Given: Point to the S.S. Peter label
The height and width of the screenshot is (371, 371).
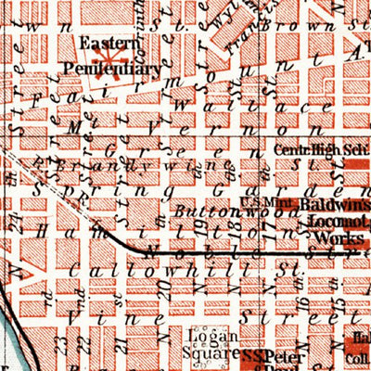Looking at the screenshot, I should click(x=269, y=354).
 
